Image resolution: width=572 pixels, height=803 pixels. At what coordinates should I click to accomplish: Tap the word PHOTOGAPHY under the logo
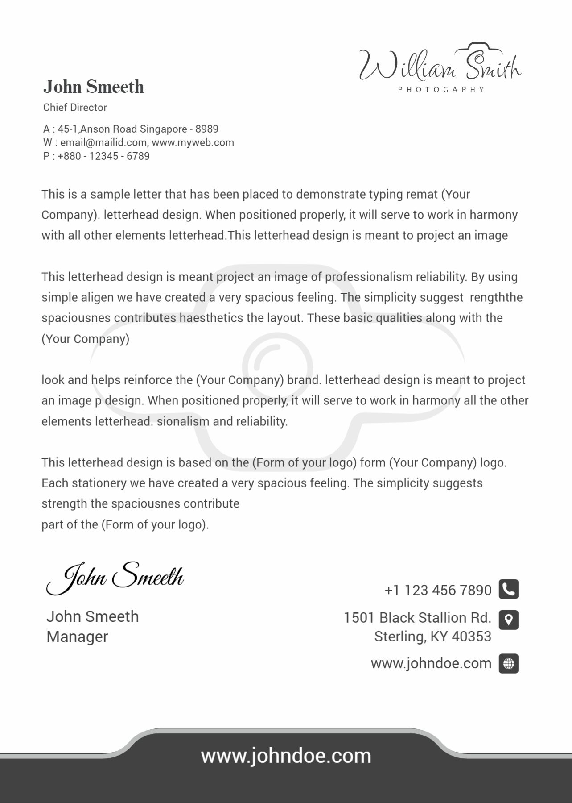pos(441,90)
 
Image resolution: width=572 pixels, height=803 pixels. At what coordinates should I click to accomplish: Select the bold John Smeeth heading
pos(94,87)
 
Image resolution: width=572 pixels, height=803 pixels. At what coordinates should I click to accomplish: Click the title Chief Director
pos(75,108)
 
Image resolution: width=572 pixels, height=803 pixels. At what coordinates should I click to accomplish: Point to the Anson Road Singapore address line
pos(131,129)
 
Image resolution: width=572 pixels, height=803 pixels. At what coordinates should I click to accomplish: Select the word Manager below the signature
pos(77,637)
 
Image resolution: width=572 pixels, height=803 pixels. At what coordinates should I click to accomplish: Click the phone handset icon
pos(508,589)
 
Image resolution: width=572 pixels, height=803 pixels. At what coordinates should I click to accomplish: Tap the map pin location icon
pos(508,620)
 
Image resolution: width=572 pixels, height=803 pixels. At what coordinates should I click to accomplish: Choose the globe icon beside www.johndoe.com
pos(508,664)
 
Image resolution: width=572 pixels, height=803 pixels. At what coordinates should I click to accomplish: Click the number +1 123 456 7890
pos(438,590)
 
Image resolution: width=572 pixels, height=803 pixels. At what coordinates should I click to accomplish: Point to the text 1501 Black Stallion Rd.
pos(417,618)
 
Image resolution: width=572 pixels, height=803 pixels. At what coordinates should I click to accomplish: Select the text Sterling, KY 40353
pos(432,637)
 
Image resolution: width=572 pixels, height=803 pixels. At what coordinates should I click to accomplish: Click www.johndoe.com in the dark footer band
pos(286,756)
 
